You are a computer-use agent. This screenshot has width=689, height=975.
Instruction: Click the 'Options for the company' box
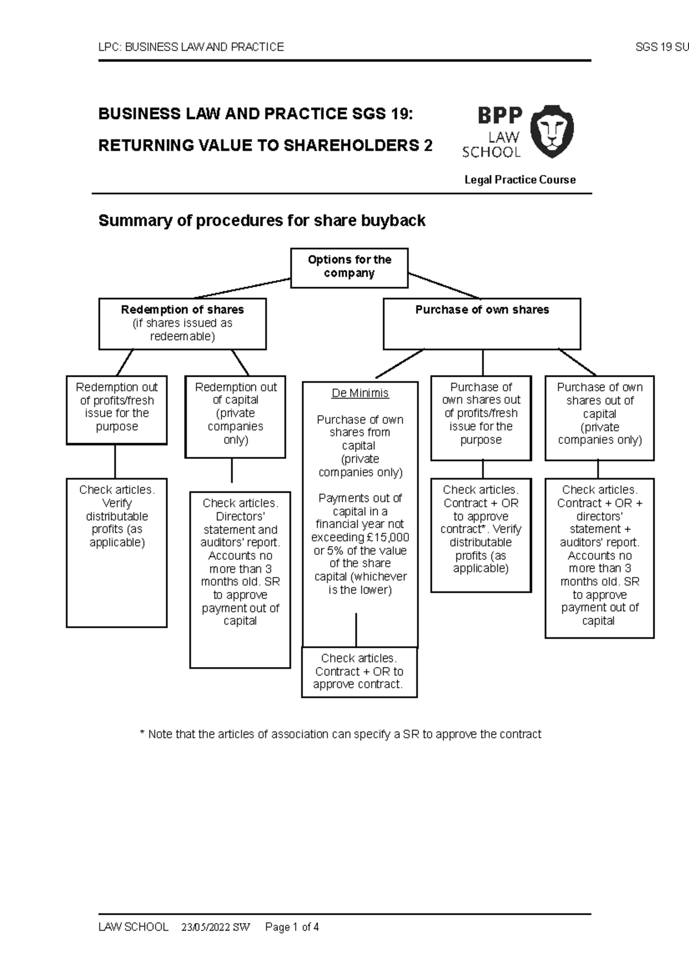coord(349,268)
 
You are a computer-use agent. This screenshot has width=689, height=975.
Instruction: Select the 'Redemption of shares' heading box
coord(182,323)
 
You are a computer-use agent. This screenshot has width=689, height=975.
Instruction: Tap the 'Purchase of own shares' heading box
coord(482,323)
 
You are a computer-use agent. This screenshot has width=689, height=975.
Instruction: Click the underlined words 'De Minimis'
coord(360,393)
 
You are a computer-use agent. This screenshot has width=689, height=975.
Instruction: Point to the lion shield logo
coord(551,131)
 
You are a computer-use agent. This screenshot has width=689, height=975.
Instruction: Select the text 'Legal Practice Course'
coord(520,180)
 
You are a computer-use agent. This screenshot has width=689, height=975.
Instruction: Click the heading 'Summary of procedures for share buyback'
coord(262,220)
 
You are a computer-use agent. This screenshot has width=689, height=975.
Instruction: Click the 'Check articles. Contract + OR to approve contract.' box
coord(359,671)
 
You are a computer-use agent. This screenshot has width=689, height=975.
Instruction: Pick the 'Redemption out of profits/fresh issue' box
coord(117,409)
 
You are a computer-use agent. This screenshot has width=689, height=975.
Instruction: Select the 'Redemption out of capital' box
coord(235,416)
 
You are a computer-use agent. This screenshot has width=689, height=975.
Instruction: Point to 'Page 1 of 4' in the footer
coord(292,927)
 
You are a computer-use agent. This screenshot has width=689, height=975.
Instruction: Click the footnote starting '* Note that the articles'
coord(340,734)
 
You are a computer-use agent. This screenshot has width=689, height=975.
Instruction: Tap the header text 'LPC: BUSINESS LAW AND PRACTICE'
coord(191,47)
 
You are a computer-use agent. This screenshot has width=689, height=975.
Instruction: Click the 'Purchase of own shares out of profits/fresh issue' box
coord(481,417)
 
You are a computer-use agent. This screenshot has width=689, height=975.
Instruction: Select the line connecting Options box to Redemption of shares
coord(241,288)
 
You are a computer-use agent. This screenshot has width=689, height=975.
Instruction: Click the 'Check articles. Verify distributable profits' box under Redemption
coord(117,551)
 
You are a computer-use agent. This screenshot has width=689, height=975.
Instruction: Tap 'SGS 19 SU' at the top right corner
coord(661,47)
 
